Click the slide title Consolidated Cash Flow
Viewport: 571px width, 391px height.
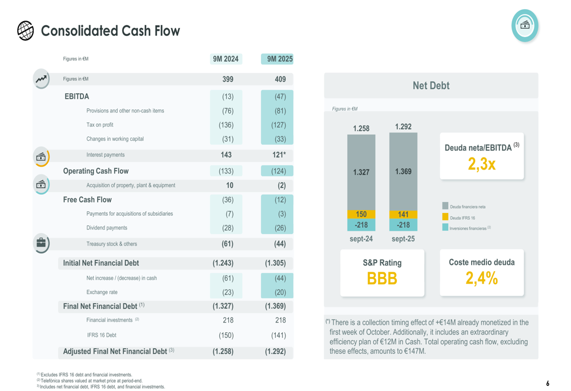(110, 31)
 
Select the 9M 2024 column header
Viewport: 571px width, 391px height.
(226, 59)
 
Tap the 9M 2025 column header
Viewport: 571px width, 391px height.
(280, 59)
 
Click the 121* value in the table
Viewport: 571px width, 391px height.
(279, 155)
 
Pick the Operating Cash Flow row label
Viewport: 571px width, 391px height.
(95, 171)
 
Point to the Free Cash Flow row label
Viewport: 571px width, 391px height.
(87, 200)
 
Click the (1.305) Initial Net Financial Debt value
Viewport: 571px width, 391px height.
(275, 263)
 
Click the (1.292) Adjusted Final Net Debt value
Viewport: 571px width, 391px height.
(275, 351)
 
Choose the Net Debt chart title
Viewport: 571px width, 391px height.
(431, 86)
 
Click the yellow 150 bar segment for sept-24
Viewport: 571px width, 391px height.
(361, 214)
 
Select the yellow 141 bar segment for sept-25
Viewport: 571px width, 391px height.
(403, 215)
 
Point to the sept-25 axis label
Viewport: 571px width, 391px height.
(403, 239)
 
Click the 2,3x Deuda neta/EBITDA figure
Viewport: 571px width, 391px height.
(481, 164)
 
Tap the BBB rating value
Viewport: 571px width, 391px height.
(382, 279)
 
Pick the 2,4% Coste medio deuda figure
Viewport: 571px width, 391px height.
(481, 279)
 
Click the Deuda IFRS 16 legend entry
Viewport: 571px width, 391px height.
(462, 217)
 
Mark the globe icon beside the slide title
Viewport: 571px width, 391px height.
(26, 31)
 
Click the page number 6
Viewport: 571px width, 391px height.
(547, 384)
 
